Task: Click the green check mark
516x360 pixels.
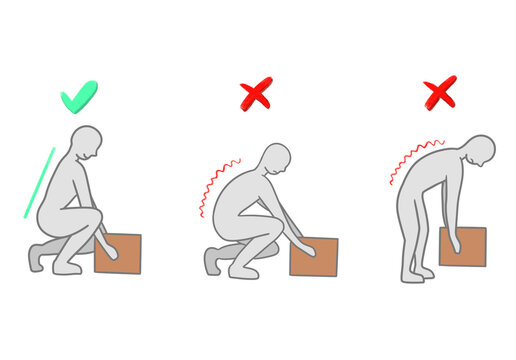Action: pyautogui.click(x=78, y=97)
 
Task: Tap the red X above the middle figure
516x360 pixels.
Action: pyautogui.click(x=256, y=95)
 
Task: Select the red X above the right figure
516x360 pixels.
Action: pyautogui.click(x=439, y=92)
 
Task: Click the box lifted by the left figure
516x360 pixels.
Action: pyautogui.click(x=118, y=254)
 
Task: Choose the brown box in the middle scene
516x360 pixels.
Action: pyautogui.click(x=313, y=257)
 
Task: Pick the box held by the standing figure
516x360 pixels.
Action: pyautogui.click(x=462, y=247)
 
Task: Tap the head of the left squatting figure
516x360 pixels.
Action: pyautogui.click(x=87, y=145)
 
